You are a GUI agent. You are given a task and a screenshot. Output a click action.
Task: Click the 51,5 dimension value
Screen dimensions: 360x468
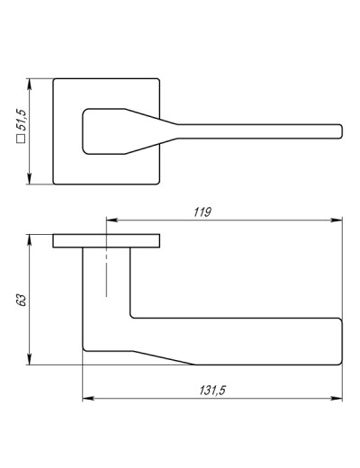pyautogui.click(x=22, y=120)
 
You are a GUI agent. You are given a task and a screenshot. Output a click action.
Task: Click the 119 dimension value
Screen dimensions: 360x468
pyautogui.click(x=202, y=212)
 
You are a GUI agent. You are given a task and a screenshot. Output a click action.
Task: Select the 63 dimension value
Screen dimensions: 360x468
pyautogui.click(x=22, y=300)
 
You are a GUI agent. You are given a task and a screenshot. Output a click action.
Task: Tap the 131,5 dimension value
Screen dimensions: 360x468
pyautogui.click(x=212, y=391)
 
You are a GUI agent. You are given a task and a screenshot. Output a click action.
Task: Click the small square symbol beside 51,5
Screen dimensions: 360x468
pyautogui.click(x=22, y=139)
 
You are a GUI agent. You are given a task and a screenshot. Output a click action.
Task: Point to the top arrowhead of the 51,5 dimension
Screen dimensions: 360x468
pyautogui.click(x=29, y=84)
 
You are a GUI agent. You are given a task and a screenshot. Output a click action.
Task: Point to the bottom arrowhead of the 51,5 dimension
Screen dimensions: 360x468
pyautogui.click(x=29, y=179)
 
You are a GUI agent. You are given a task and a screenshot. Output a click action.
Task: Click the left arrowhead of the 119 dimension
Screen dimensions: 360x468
pyautogui.click(x=112, y=220)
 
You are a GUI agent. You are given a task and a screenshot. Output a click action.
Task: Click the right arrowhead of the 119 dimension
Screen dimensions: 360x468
pyautogui.click(x=337, y=220)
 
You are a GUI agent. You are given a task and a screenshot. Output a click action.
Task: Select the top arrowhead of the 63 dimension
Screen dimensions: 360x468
pyautogui.click(x=29, y=239)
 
